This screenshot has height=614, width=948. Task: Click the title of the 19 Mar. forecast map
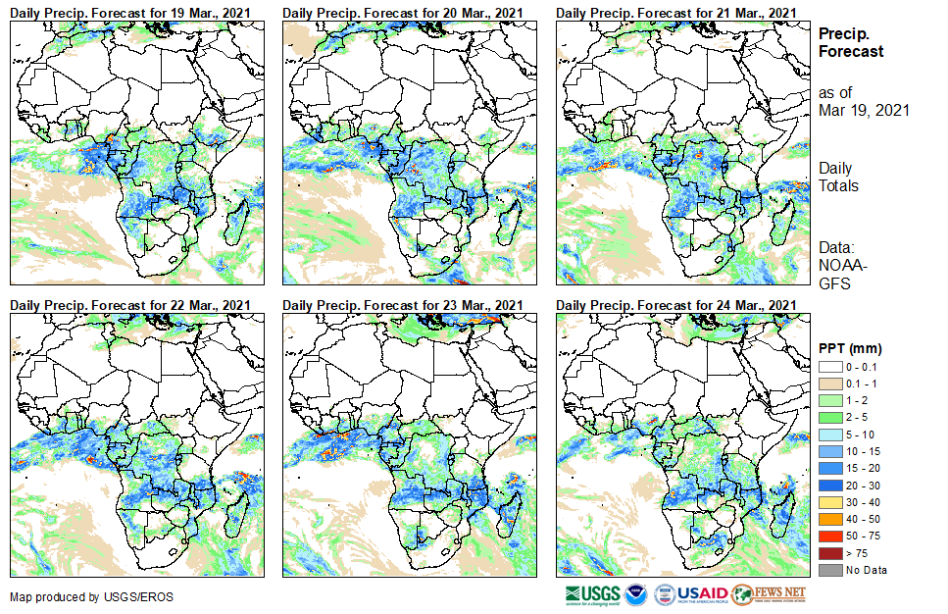click(x=129, y=12)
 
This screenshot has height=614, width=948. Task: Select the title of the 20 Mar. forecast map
click(x=402, y=12)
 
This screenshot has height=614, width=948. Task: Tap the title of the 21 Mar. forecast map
click(x=674, y=12)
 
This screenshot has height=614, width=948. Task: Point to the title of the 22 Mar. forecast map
click(x=129, y=306)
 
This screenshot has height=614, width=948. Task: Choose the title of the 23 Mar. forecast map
click(x=402, y=306)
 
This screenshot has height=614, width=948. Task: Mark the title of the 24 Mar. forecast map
click(x=674, y=306)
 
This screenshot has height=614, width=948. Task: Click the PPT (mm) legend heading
click(x=850, y=348)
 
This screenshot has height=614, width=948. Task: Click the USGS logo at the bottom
click(x=592, y=594)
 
